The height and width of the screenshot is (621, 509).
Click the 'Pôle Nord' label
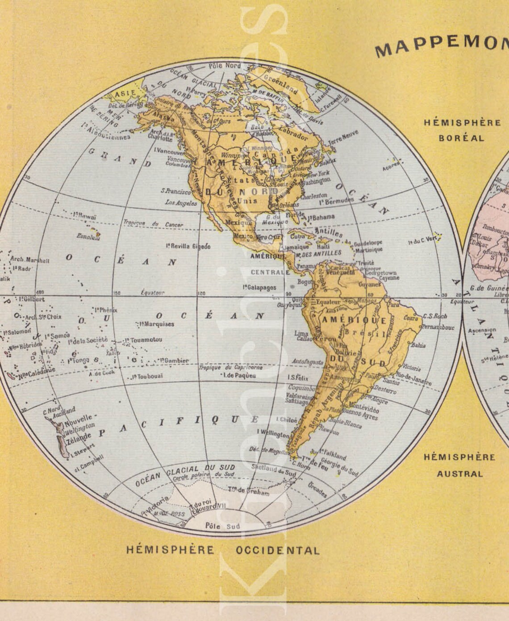click(x=225, y=66)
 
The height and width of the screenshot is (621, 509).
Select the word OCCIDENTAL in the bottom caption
click(x=278, y=550)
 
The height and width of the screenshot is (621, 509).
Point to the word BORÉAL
click(x=461, y=138)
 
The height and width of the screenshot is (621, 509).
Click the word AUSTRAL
click(x=460, y=474)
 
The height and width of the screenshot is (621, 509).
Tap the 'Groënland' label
click(x=280, y=83)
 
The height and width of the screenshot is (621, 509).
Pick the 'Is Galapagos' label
click(x=260, y=288)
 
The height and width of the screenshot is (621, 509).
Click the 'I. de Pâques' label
click(x=239, y=375)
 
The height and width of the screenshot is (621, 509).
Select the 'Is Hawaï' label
click(x=84, y=216)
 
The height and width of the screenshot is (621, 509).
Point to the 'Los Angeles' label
click(x=181, y=203)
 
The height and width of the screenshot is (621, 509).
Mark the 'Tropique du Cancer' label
click(x=153, y=224)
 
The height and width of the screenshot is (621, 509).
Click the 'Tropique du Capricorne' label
click(x=230, y=367)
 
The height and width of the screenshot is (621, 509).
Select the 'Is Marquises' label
click(x=156, y=324)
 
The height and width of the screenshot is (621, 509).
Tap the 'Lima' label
click(x=301, y=333)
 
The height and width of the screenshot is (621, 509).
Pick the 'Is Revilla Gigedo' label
click(x=188, y=246)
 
